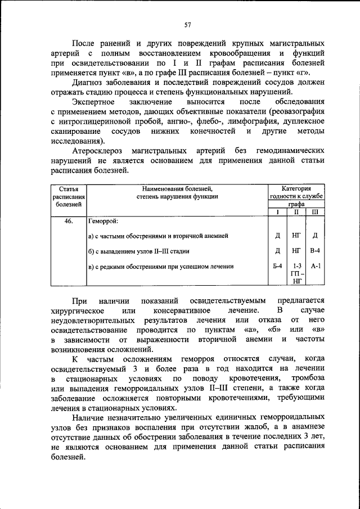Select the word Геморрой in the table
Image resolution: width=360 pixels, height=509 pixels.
(103, 221)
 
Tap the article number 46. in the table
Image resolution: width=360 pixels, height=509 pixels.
(69, 221)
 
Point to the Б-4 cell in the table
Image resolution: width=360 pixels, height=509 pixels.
(277, 266)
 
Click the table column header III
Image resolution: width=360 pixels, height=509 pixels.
(315, 212)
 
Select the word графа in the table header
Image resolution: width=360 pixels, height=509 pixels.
(296, 205)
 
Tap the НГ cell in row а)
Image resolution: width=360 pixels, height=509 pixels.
(296, 236)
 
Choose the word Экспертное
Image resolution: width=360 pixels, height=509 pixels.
(93, 101)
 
